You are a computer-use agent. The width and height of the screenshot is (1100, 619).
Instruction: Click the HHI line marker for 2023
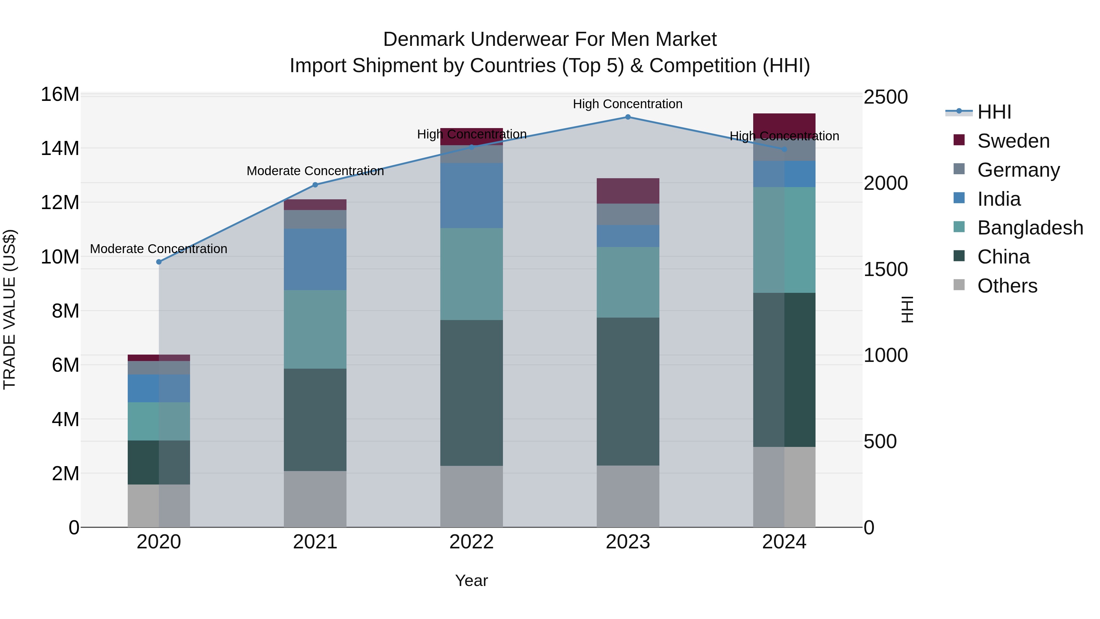coord(628,117)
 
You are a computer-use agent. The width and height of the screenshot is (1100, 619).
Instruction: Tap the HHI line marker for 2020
coord(159,262)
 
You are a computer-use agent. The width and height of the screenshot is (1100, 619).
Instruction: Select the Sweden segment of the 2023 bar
coord(628,191)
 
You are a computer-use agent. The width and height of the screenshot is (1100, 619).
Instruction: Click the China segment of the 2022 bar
coord(471,393)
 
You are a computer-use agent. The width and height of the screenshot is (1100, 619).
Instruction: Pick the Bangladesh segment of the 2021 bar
coord(315,329)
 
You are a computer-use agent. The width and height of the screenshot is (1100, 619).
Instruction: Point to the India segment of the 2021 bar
coord(315,259)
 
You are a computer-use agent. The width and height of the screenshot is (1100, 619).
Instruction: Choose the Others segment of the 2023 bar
coord(628,496)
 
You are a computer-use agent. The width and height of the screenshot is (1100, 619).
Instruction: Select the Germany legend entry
coord(1018,170)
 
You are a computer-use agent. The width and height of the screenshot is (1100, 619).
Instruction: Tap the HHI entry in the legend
coord(994,112)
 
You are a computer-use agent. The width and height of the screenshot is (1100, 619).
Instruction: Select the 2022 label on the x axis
coord(471,542)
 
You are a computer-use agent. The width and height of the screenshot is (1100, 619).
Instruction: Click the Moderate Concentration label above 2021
coord(315,171)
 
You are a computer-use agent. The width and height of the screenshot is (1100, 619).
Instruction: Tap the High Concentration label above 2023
coord(628,104)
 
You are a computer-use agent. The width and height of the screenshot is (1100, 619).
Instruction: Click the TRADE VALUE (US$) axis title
coord(9,309)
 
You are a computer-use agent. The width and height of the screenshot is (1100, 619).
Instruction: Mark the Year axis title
coord(471,580)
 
